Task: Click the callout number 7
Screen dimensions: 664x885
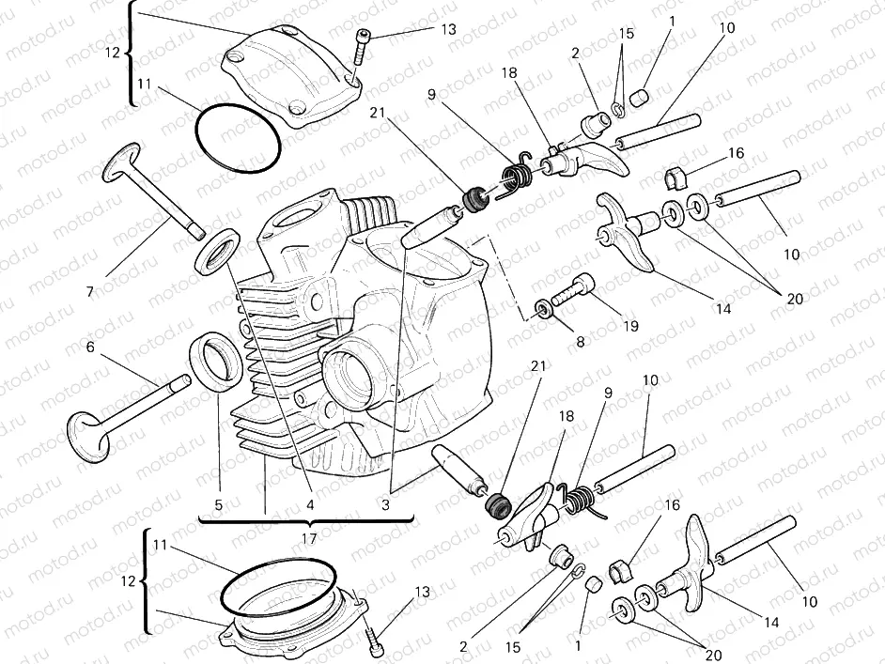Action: [90, 291]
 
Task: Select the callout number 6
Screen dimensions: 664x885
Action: [90, 347]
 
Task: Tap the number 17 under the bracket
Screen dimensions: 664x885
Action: [308, 538]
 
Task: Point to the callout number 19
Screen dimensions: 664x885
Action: [629, 326]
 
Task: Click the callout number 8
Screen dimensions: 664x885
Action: [580, 343]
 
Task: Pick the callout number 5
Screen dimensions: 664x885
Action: [218, 504]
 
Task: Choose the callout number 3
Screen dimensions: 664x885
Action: [385, 504]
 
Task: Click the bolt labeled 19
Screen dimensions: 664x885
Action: [573, 287]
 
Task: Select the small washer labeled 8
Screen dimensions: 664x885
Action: [542, 308]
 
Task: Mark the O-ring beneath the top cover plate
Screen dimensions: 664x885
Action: [239, 139]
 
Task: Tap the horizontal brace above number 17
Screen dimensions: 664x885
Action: [308, 517]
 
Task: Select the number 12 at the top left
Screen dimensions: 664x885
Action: [113, 54]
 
